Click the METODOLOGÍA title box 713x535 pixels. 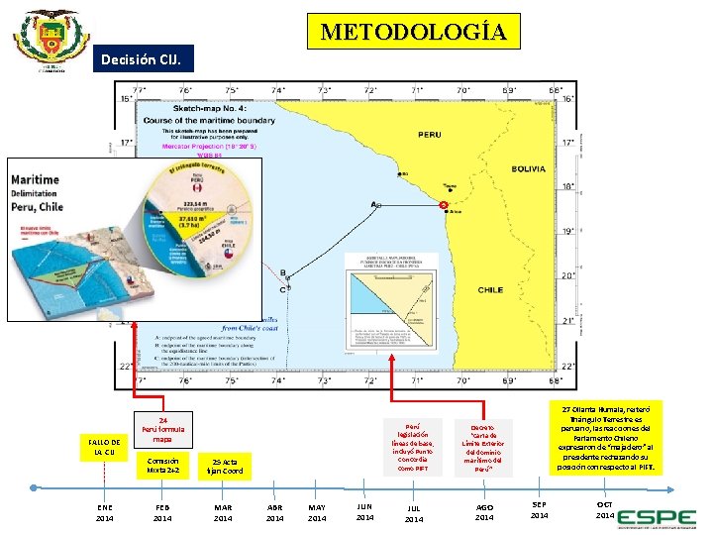point(413,32)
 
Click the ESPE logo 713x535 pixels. point(655,516)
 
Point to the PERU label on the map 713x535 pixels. point(430,134)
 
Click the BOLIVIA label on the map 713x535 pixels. point(529,169)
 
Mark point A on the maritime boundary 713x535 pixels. point(376,205)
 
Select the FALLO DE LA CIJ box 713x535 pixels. point(103,447)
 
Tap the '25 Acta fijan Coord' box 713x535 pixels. point(224,466)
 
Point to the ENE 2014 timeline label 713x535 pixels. point(104,511)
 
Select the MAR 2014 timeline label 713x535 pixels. point(223,511)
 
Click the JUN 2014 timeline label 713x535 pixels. point(364,511)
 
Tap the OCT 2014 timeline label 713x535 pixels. point(605,510)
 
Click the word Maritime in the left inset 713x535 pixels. point(35,179)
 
